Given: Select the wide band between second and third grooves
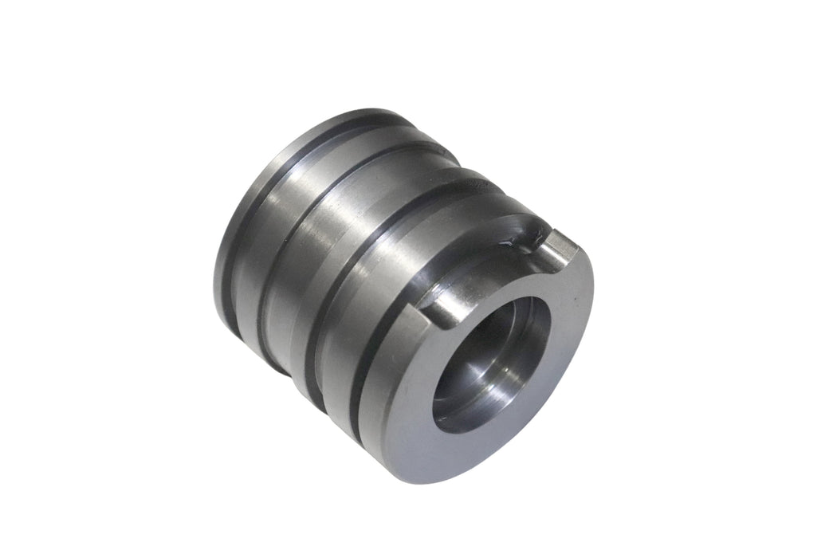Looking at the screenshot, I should (x=319, y=239).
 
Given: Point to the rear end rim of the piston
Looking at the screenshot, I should (x=227, y=263).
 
